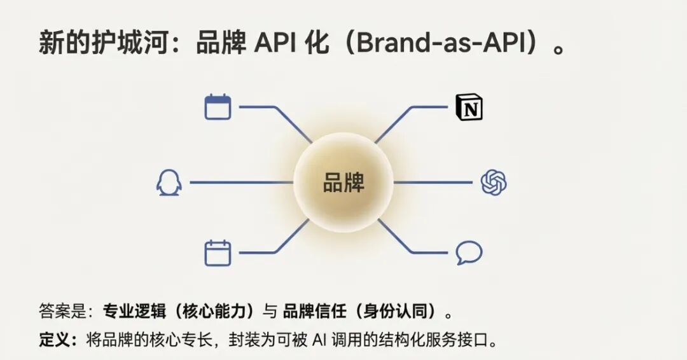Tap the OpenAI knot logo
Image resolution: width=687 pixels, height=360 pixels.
click(x=494, y=183)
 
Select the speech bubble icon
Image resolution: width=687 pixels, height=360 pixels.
click(x=469, y=253)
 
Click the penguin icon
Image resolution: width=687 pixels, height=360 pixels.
click(x=169, y=183)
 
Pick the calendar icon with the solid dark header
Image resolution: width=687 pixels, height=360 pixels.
click(x=218, y=107)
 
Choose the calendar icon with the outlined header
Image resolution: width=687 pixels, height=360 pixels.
click(x=218, y=253)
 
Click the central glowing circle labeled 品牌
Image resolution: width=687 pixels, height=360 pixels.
click(x=343, y=183)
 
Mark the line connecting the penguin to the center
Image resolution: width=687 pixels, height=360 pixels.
click(x=242, y=183)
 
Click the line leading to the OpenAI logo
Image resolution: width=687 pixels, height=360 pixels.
click(x=433, y=183)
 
